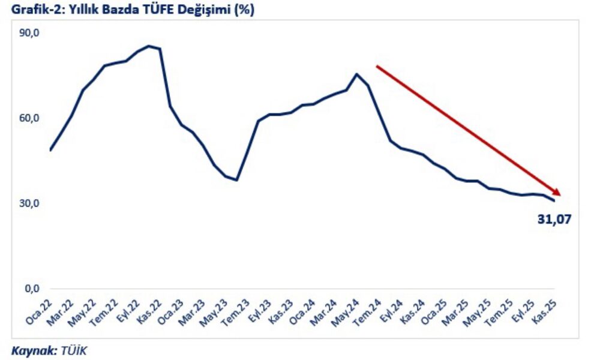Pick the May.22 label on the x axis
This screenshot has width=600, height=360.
(x=83, y=311)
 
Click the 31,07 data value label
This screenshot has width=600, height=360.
(x=554, y=219)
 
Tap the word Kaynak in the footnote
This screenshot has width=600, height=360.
(x=31, y=350)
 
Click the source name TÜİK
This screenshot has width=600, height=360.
(x=73, y=350)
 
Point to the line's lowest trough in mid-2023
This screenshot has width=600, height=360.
(x=237, y=180)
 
